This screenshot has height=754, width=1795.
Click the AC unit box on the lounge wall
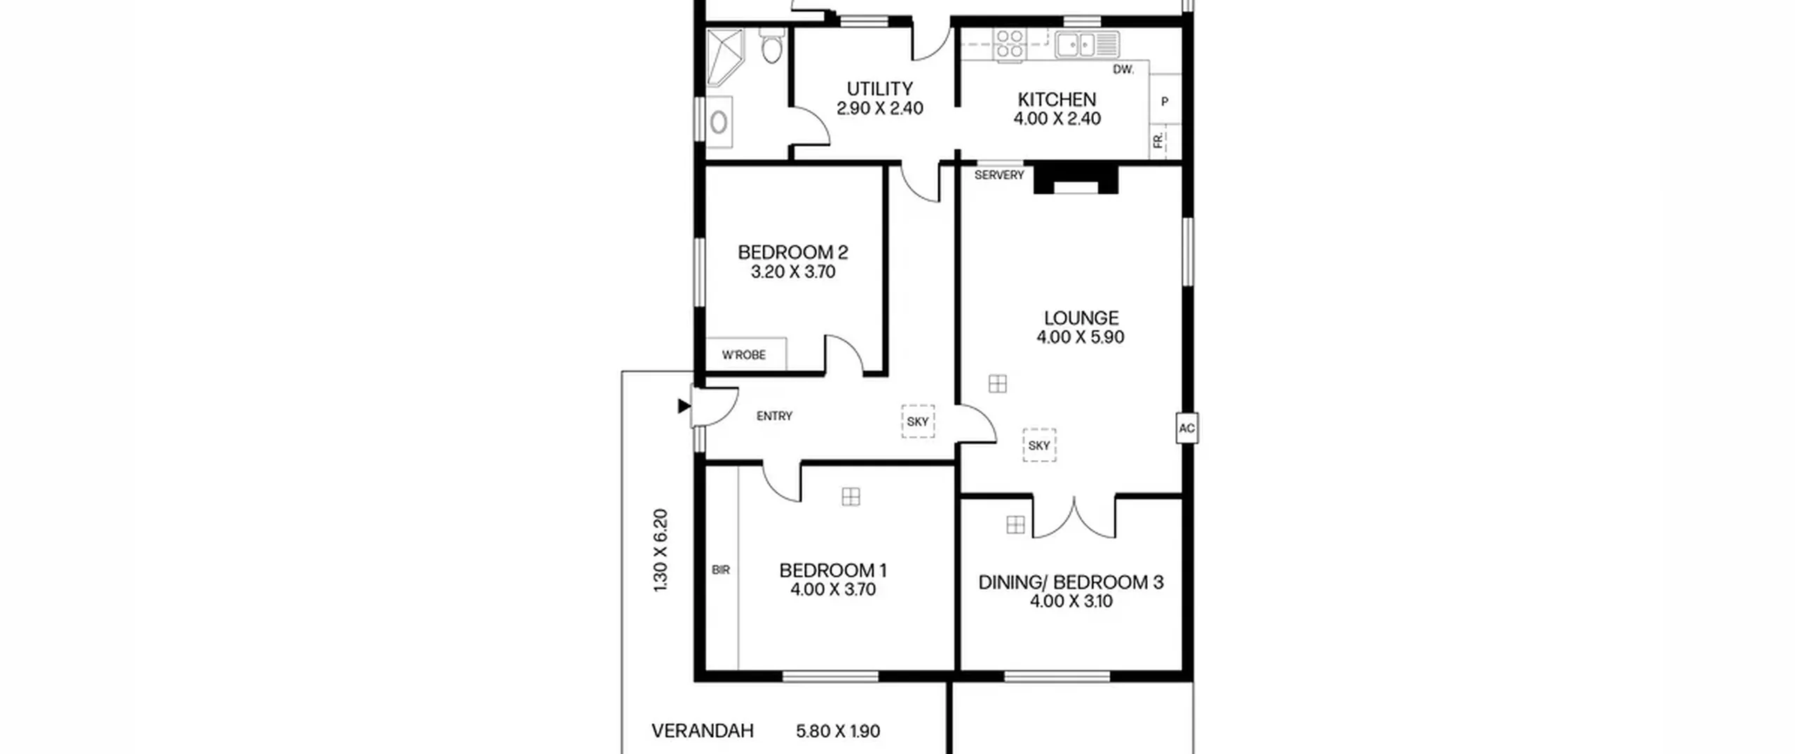[1186, 428]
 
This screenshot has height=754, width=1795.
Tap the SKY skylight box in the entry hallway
[918, 422]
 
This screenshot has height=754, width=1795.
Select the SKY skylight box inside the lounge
[1039, 445]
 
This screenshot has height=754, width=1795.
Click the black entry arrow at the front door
[684, 405]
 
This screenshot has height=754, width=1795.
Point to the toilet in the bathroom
[771, 45]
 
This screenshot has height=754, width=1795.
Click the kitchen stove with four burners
[1010, 43]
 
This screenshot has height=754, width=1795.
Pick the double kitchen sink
[1087, 45]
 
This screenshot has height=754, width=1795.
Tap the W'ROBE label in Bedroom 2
[744, 355]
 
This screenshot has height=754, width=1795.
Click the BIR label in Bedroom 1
[721, 570]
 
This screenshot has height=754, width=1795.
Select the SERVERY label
[999, 175]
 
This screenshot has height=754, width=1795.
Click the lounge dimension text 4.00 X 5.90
[1081, 337]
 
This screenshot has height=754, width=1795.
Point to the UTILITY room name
[880, 89]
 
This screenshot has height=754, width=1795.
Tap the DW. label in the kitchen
[1123, 69]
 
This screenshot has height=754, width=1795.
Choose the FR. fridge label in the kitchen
[1158, 140]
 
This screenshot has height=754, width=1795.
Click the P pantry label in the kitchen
[1165, 102]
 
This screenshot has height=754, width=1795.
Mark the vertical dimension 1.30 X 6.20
[661, 551]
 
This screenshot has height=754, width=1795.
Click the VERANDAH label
[703, 731]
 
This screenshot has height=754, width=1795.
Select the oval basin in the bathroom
[719, 122]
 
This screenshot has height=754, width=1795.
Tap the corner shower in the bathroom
[724, 57]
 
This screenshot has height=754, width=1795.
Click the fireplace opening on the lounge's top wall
[1076, 187]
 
